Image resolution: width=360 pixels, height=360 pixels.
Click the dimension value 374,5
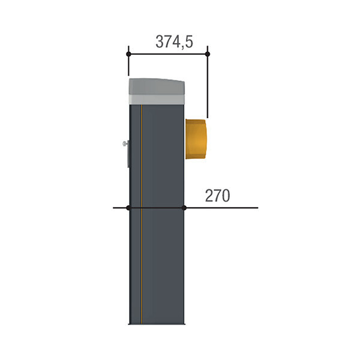[174, 42]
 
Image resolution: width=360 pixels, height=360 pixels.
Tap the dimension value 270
[217, 196]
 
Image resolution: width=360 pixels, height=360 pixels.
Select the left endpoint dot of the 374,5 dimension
[128, 54]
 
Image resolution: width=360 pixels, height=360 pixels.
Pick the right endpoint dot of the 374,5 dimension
[208, 54]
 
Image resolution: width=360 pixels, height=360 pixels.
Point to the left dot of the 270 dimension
[128, 208]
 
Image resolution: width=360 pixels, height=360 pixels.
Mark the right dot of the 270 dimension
[184, 208]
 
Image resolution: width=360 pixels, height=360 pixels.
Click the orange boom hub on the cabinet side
[196, 139]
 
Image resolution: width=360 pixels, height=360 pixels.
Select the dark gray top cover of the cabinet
[157, 86]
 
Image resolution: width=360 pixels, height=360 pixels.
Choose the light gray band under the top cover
[157, 100]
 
